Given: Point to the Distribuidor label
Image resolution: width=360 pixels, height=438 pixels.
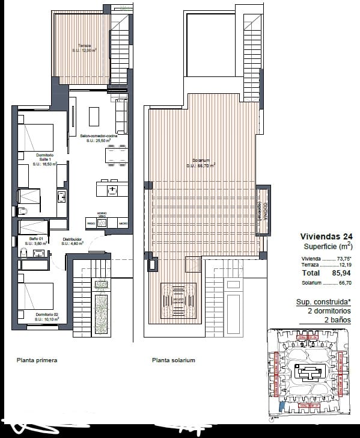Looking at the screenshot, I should pos(73,242).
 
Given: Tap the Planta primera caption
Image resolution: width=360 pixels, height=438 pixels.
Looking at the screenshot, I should pos(37,360).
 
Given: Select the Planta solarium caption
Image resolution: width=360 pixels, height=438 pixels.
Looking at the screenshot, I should pos(174,360).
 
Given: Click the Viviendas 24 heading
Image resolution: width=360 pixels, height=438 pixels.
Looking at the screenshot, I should pos(326,236).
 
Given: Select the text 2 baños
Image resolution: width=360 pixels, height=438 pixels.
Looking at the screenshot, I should pos(338,320).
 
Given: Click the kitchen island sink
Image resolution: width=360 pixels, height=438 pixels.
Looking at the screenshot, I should pos(112,190).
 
